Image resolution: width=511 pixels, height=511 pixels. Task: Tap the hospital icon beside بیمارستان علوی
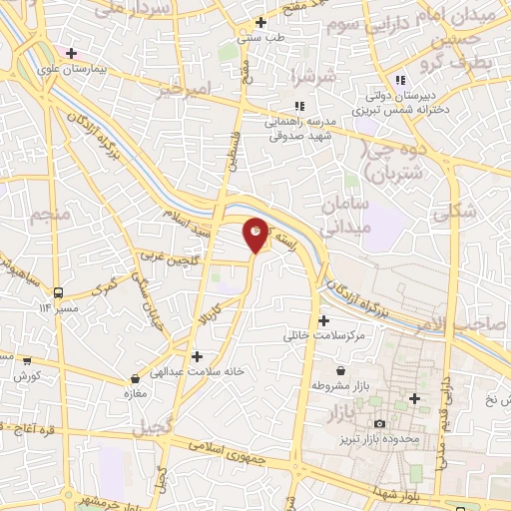[71, 52]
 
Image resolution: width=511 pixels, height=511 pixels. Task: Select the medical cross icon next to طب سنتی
[261, 22]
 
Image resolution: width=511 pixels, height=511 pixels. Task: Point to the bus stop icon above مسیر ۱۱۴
[59, 292]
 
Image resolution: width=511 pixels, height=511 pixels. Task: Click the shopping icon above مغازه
[136, 379]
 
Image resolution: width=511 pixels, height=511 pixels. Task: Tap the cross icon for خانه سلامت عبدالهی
[198, 356]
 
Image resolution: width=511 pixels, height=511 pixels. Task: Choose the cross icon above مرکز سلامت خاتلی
[322, 321]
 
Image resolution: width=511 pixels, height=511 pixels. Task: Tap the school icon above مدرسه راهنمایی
[297, 107]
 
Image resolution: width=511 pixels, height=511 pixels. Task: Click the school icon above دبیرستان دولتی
[400, 81]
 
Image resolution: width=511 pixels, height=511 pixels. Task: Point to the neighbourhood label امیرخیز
[188, 91]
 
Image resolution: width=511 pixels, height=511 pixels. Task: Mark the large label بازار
[332, 412]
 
